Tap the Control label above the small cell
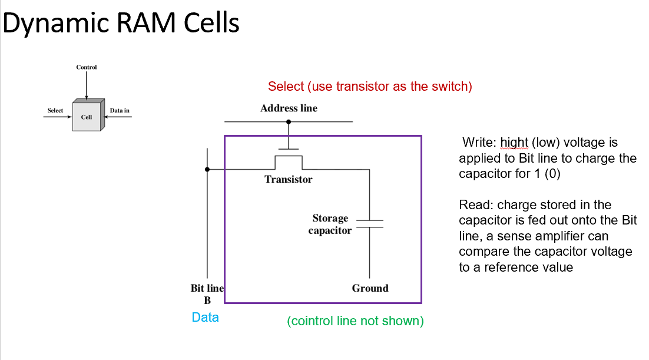tap(87, 67)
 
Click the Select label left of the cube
tap(55, 111)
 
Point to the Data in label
tap(120, 111)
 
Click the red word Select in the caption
tap(286, 87)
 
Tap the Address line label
tap(289, 108)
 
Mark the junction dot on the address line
tap(289, 122)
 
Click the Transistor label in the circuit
tap(289, 179)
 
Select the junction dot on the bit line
tap(207, 170)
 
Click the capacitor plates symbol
tap(369, 223)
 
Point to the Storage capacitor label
tap(330, 224)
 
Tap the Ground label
tap(370, 288)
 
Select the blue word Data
tap(206, 318)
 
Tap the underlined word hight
tap(515, 143)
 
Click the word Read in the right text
tap(475, 205)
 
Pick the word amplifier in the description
tap(580, 236)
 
